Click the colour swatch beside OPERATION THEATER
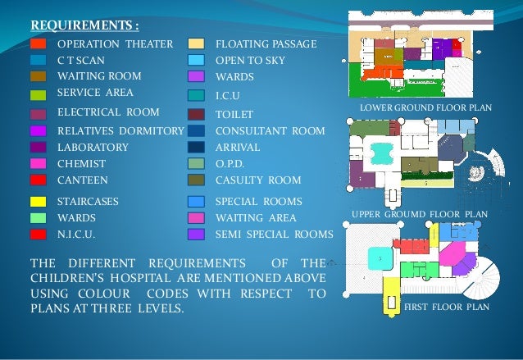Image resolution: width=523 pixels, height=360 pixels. [x=39, y=43]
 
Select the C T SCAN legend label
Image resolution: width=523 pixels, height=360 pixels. [x=80, y=61]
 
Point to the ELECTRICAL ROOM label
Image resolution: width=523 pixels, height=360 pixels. [x=108, y=112]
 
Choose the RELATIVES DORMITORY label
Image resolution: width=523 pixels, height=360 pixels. [x=120, y=130]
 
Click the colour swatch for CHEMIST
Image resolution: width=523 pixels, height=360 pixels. [x=39, y=164]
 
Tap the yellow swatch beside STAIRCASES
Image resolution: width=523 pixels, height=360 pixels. [x=39, y=202]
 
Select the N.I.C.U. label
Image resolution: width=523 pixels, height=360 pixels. [x=79, y=235]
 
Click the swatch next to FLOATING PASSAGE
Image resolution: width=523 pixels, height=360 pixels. [x=196, y=43]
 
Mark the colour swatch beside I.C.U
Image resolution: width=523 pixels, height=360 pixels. [x=196, y=96]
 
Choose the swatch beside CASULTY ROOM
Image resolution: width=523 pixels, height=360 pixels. [x=196, y=180]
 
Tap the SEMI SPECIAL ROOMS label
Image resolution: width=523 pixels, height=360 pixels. [x=274, y=235]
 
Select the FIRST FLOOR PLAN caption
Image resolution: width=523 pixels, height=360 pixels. [x=448, y=307]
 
